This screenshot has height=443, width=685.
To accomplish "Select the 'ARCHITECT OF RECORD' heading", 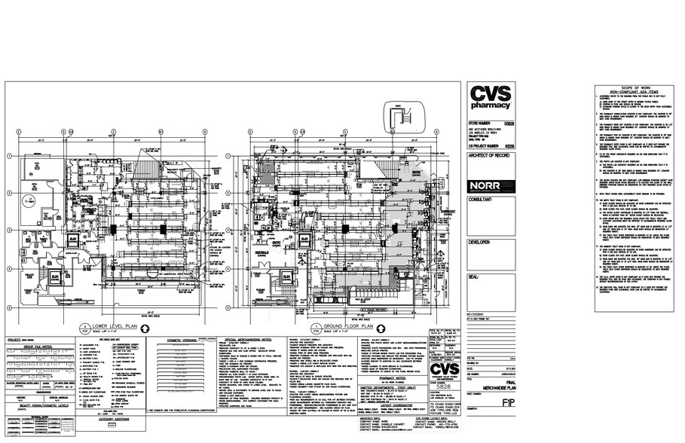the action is tap(491, 154).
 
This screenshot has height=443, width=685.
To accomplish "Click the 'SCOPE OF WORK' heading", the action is tap(630, 90).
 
